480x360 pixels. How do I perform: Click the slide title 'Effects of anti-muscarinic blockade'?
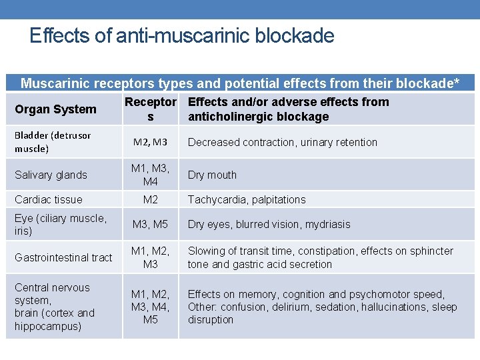[181, 35]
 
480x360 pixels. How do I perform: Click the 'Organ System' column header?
[55, 109]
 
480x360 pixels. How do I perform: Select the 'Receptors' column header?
[151, 109]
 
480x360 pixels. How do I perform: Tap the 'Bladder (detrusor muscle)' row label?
[53, 142]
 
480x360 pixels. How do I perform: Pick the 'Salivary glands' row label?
[51, 175]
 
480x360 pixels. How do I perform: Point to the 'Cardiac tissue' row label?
[49, 199]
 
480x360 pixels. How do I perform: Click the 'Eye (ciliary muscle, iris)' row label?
[60, 225]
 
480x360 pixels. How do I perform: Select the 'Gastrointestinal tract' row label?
[63, 257]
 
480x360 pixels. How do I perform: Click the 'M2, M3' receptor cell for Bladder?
[150, 142]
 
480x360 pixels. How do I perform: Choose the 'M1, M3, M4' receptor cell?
[150, 175]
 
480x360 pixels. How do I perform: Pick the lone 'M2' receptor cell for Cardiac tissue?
[150, 199]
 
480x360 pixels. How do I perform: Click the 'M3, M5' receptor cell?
[150, 225]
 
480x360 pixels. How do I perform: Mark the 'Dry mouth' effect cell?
[212, 175]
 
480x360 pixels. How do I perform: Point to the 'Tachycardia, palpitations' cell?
[247, 199]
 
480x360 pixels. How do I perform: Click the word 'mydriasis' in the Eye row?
[327, 225]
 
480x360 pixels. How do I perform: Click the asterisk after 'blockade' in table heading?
[456, 83]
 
